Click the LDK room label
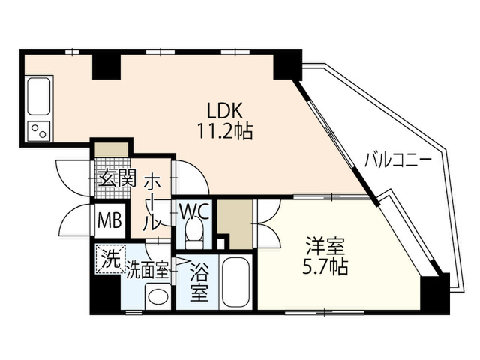(225, 111)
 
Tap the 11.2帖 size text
(225, 131)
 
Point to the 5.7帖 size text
(325, 267)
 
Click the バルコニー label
(398, 160)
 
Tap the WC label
(195, 211)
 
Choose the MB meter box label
(110, 220)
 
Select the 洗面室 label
(148, 270)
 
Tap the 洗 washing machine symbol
(110, 259)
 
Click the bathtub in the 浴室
(236, 282)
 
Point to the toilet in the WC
(194, 234)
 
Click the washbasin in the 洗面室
(158, 296)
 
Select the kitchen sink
(39, 96)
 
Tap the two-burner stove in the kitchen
(38, 131)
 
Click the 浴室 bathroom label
(199, 283)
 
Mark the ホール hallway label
(151, 203)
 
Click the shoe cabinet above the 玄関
(112, 150)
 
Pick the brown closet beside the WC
(235, 224)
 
